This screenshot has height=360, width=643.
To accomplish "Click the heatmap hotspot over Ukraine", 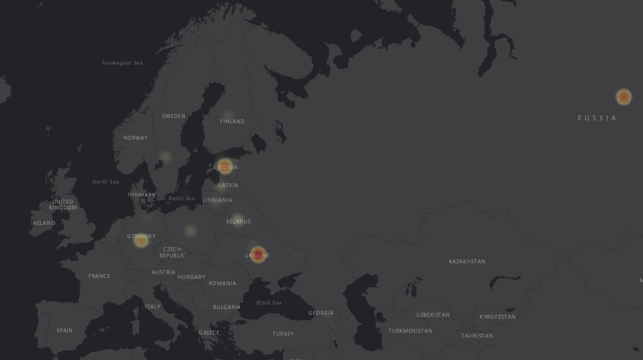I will (x=258, y=255).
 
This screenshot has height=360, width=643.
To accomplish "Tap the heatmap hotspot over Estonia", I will (x=225, y=166).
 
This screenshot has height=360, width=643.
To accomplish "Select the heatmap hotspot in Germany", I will (x=141, y=240).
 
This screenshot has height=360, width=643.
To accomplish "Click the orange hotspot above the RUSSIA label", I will (x=623, y=97).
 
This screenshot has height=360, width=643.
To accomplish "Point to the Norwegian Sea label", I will (x=122, y=63).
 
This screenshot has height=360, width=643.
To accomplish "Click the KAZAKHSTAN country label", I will (x=467, y=261).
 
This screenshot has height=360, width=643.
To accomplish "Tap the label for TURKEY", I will (x=283, y=334).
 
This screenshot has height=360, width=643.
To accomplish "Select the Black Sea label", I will (x=269, y=303).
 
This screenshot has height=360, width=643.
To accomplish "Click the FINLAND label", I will (x=232, y=121).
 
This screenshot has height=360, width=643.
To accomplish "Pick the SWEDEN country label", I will (x=173, y=116).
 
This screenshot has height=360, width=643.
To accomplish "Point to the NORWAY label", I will (x=135, y=138).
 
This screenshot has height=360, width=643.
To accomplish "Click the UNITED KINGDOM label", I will (x=63, y=205).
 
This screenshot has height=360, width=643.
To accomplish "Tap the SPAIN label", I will (x=65, y=331).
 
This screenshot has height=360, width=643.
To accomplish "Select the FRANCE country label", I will (x=99, y=276).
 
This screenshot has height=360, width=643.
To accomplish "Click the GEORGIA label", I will (x=320, y=313).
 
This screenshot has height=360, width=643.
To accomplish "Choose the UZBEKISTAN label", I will (x=432, y=315).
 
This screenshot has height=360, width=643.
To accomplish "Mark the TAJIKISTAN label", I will (x=477, y=336).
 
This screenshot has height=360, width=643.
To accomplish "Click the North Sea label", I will (x=105, y=182).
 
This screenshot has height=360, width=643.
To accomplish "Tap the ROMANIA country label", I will (x=222, y=283).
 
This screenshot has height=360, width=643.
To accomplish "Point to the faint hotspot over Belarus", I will (x=238, y=219).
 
